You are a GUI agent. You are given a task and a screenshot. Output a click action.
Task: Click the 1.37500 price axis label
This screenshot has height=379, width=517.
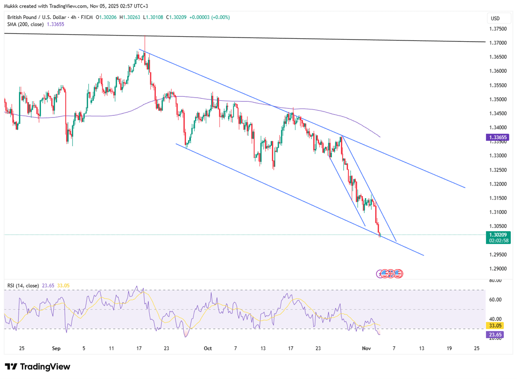[x=498, y=29]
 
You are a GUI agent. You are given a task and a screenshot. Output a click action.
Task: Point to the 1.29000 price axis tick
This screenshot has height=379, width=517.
[x=498, y=268]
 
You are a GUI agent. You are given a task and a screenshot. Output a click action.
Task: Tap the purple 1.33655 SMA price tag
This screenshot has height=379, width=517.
[x=498, y=137]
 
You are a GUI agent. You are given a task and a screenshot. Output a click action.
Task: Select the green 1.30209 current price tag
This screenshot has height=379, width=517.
[x=498, y=235]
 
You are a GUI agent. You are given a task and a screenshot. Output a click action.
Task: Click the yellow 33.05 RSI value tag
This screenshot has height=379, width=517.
[x=495, y=326]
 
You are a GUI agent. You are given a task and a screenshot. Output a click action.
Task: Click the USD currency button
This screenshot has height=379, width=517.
[x=495, y=18]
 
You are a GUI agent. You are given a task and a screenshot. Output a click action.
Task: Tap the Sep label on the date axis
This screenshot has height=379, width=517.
[x=56, y=348]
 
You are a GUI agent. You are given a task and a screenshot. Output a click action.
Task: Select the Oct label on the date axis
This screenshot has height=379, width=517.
[x=208, y=348]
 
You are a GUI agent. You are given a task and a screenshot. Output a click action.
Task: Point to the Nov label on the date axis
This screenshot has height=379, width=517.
[x=366, y=348]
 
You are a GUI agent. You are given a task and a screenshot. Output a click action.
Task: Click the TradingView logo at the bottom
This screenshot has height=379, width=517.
[x=37, y=367]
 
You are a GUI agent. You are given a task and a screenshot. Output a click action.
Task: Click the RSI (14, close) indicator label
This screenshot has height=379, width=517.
[x=23, y=286]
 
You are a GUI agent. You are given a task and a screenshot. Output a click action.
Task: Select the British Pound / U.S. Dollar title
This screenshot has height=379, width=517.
[x=36, y=17]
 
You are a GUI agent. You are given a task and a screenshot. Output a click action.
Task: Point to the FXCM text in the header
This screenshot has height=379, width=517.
[x=87, y=17]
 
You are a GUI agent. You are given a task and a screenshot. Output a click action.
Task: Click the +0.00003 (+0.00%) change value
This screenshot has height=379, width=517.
[x=210, y=17]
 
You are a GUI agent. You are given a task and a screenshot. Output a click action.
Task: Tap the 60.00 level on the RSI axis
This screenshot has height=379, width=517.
[x=495, y=300]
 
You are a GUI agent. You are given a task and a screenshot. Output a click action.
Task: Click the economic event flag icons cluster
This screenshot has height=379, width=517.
[x=390, y=273]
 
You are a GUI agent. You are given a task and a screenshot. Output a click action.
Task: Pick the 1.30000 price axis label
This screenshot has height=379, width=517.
[x=498, y=241]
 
